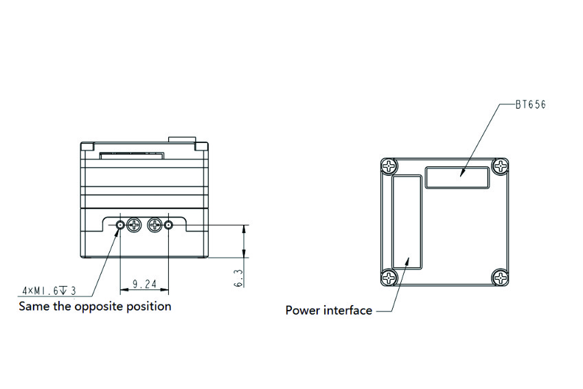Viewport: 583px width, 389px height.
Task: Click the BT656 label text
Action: point(531,104)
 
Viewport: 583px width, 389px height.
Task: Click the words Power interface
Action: point(329,311)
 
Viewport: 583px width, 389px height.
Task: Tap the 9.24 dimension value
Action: point(145,285)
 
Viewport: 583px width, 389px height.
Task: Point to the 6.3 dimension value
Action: point(238,278)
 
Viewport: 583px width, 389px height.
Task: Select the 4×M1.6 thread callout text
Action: point(49,290)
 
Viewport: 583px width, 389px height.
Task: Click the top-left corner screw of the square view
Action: point(389,166)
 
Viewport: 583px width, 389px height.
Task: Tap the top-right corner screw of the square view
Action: point(501,166)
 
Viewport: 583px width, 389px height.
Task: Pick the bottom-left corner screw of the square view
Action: point(389,278)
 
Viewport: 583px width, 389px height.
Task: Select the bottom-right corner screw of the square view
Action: point(501,278)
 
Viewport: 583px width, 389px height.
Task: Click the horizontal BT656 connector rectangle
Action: point(457,177)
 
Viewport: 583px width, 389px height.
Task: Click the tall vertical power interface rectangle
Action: point(407,222)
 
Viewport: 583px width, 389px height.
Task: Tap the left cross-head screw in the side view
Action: point(134,225)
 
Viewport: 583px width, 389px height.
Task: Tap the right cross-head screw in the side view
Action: point(155,225)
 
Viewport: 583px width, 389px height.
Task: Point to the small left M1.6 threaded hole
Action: point(120,225)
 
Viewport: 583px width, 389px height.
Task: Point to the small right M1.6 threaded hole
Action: point(168,225)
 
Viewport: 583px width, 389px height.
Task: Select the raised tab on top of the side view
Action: point(182,140)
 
